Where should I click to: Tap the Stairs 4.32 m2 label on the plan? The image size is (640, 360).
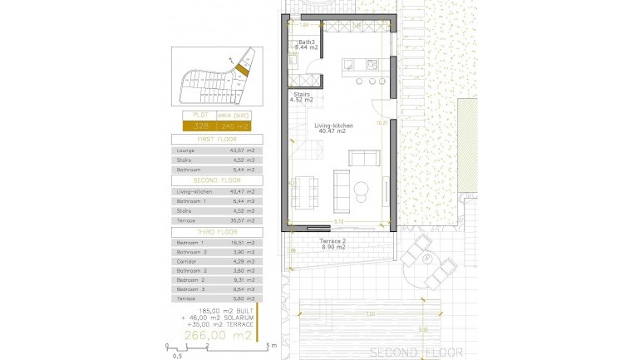[x=301, y=97]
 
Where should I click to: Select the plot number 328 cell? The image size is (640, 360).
[x=201, y=126]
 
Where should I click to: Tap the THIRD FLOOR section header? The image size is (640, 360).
[x=216, y=232]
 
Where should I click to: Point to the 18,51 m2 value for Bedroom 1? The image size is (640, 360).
[x=244, y=242]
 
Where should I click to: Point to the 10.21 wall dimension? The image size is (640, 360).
[x=380, y=123]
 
